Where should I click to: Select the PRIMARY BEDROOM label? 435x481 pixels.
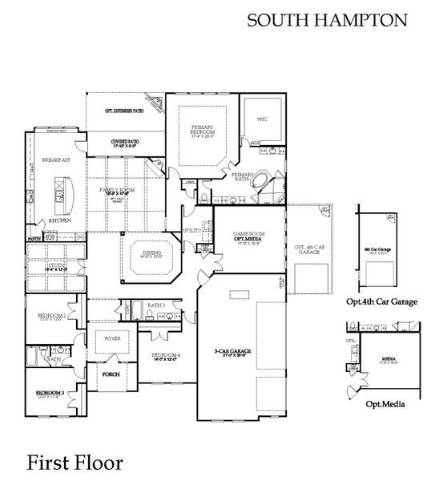click(205, 131)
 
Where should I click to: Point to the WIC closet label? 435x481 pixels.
click(261, 119)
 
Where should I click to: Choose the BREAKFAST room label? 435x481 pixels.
click(55, 160)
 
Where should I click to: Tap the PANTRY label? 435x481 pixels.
click(34, 239)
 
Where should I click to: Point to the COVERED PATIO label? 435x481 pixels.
click(125, 142)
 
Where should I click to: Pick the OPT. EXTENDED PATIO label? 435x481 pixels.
click(124, 111)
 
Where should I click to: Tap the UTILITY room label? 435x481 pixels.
click(193, 230)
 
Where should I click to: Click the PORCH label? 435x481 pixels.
click(111, 373)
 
